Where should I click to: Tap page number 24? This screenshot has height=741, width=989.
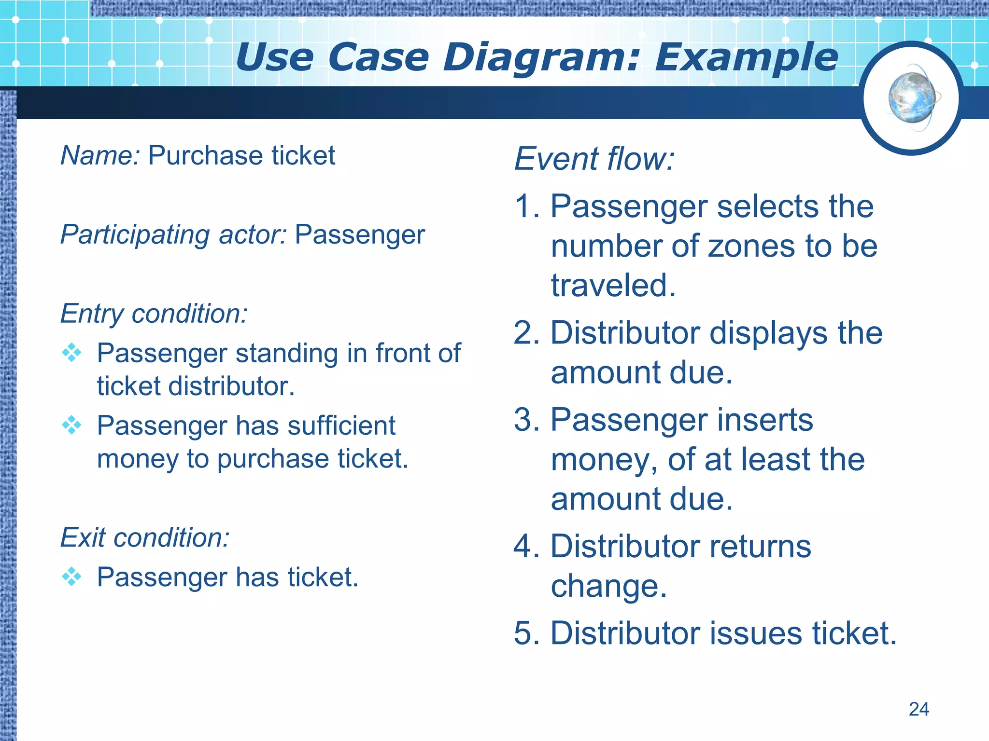(918, 709)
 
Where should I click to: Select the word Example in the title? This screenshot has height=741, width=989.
(747, 58)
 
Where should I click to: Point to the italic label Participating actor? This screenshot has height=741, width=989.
(173, 235)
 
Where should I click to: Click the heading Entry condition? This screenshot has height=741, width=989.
(154, 314)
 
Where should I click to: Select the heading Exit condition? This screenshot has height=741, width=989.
(145, 537)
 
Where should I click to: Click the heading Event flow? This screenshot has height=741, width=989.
(594, 159)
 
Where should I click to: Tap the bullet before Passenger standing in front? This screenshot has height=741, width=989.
(72, 353)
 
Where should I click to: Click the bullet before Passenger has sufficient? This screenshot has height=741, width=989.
(72, 425)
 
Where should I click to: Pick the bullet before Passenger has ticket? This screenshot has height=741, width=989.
(72, 576)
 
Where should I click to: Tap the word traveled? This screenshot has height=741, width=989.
(613, 286)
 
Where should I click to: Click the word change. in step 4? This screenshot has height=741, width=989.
(608, 586)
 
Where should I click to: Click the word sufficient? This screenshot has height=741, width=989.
(341, 426)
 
